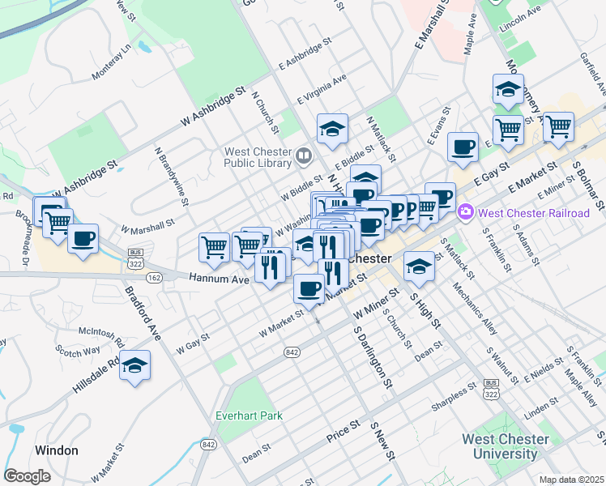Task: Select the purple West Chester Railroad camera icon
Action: tap(466, 213)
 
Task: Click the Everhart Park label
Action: tap(250, 416)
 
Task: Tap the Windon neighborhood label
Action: tap(57, 450)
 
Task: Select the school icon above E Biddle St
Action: tap(332, 128)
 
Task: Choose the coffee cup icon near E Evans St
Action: tap(463, 147)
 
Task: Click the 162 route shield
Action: tap(155, 277)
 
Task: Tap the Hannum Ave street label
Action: tap(218, 279)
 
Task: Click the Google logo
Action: tap(27, 475)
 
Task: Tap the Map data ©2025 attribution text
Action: tap(572, 480)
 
